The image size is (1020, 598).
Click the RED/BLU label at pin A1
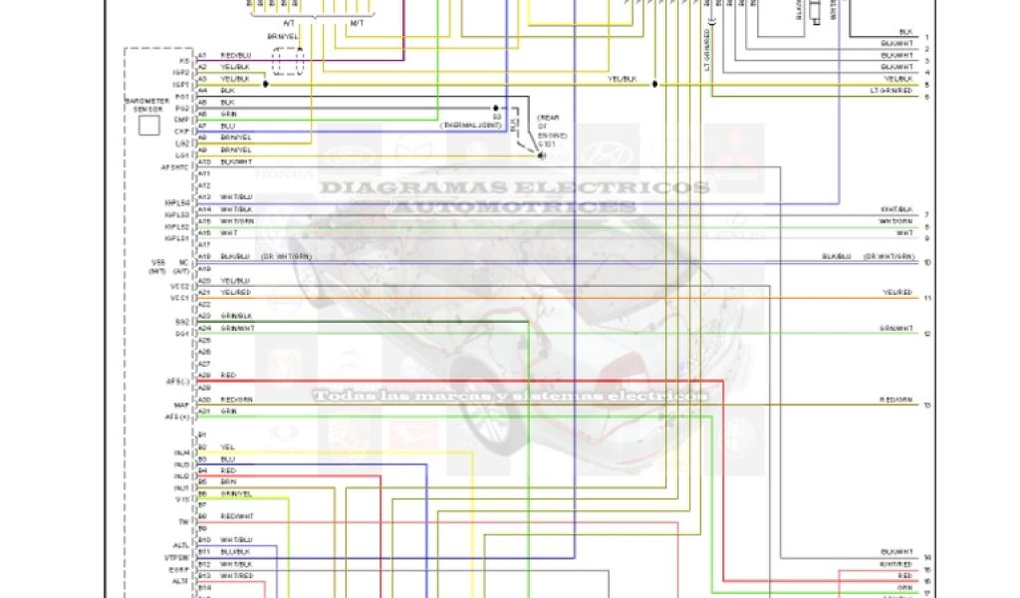235,56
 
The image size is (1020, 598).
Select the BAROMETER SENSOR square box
148,126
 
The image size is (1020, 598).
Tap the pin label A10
203,161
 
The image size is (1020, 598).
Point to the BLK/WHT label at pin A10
236,161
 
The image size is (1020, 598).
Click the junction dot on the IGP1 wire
265,85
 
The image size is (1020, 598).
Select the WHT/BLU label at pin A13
236,197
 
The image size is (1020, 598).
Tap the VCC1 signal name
179,298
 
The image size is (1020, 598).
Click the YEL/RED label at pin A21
236,292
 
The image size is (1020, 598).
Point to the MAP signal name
181,405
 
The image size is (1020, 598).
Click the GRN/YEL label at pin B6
236,493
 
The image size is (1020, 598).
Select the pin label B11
203,551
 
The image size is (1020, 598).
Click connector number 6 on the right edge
926,97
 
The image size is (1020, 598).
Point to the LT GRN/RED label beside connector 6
890,91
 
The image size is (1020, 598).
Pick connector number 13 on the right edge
926,406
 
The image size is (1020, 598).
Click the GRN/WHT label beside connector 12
895,328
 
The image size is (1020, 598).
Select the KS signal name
183,61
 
